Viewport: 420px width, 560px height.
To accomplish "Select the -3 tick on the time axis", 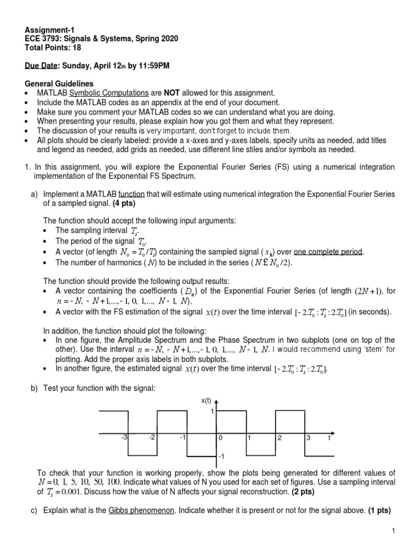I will [124, 438].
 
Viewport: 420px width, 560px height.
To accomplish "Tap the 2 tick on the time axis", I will [279, 438].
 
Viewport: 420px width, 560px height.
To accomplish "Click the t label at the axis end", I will [329, 438].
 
